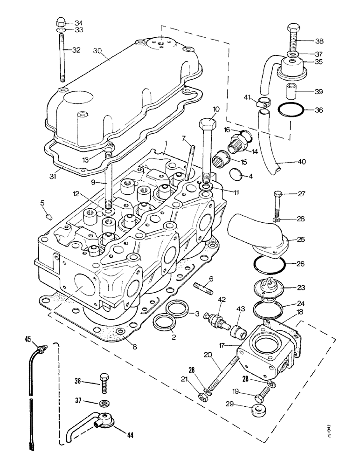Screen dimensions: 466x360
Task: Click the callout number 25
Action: point(300,240)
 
